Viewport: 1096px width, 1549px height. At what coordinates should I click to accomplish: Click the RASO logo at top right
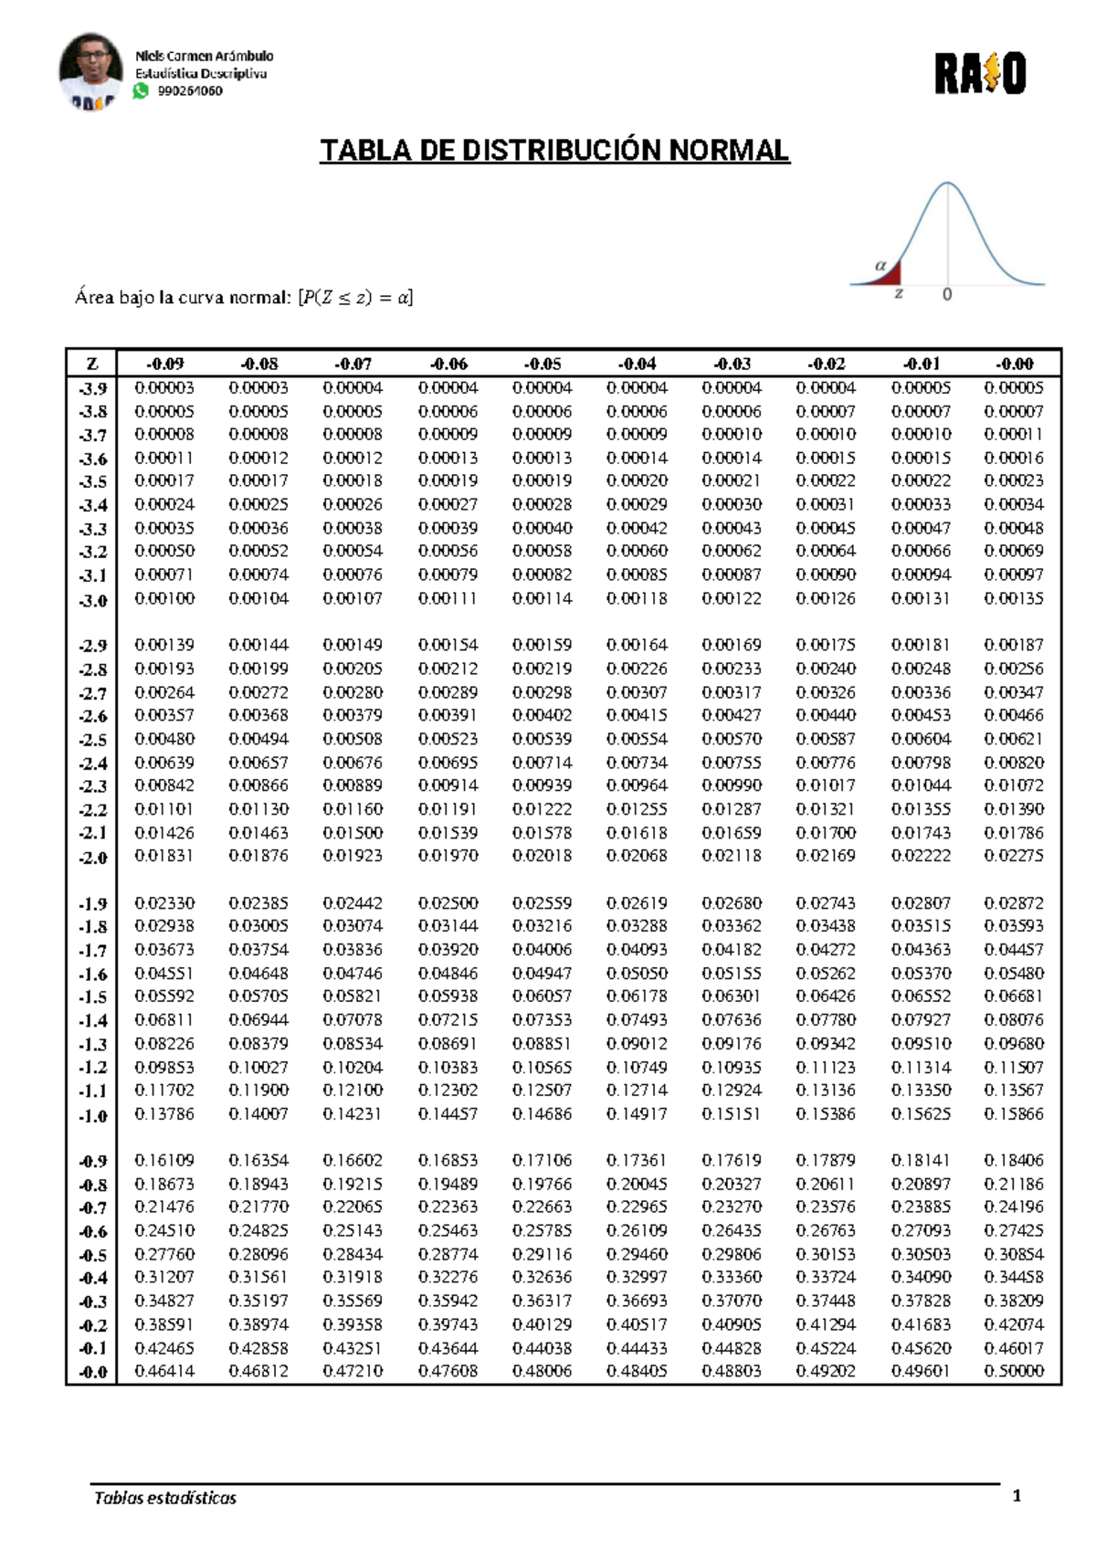point(980,74)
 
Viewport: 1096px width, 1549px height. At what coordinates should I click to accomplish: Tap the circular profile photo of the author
point(90,70)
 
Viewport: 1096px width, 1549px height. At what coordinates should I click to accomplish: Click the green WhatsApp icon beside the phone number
point(141,90)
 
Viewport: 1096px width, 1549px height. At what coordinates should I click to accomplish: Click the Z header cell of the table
point(91,364)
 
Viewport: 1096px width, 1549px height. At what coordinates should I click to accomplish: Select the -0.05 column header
point(543,364)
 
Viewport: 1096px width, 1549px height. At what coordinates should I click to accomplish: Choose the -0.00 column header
point(1014,364)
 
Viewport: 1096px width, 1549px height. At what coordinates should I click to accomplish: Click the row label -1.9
point(92,904)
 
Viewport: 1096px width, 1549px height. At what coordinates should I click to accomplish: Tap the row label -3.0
point(92,600)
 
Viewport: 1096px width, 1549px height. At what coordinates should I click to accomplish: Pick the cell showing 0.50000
point(1014,1371)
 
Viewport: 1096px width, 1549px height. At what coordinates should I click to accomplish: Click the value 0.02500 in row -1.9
point(448,903)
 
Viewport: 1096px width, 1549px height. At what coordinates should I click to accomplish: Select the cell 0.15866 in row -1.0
point(1014,1114)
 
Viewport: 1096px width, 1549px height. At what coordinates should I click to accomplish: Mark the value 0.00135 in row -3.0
point(1014,599)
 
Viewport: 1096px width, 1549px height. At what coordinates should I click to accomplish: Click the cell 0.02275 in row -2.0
point(1014,856)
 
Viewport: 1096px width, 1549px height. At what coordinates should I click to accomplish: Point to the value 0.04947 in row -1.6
point(543,974)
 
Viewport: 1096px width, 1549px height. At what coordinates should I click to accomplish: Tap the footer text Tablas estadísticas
point(165,1498)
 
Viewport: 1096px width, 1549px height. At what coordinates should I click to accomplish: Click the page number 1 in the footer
point(1017,1496)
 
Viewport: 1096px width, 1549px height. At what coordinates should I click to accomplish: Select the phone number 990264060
point(190,91)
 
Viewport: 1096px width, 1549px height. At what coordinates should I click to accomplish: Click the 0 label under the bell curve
point(947,294)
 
